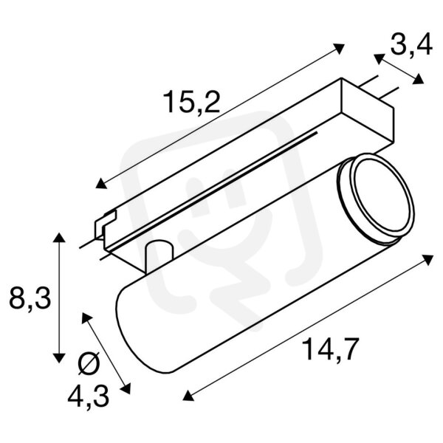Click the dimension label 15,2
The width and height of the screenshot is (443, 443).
click(192, 101)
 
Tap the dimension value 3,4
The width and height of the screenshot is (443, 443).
click(411, 45)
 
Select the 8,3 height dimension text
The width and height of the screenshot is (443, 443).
click(30, 298)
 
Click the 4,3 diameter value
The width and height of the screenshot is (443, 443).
click(89, 396)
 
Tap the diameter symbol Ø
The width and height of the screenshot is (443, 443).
click(89, 364)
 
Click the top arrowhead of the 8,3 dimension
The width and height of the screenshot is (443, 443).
click(59, 238)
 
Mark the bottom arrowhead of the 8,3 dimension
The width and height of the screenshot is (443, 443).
click(59, 357)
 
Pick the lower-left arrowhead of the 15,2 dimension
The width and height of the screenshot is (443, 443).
click(101, 183)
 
